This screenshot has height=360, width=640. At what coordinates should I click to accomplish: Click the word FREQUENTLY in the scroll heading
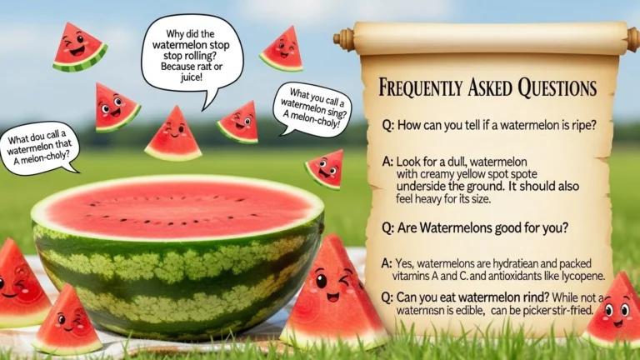[x=422, y=88]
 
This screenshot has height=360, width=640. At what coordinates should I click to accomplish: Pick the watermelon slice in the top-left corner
[x=79, y=47]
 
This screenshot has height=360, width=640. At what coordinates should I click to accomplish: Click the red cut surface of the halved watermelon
[x=176, y=209]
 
